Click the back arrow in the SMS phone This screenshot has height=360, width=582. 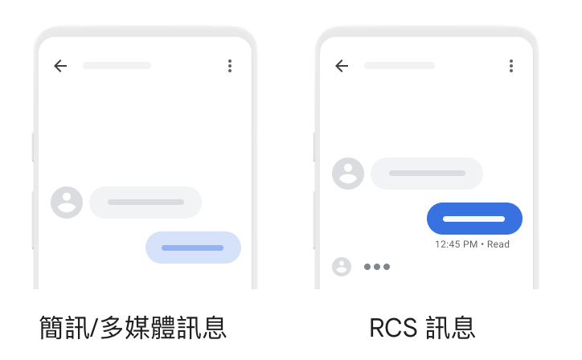(60, 66)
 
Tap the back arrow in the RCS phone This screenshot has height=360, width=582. (342, 66)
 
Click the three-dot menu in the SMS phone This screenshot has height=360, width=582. (230, 66)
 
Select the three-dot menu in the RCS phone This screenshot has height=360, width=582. (511, 66)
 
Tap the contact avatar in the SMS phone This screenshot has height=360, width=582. (67, 202)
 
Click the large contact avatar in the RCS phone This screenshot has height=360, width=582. (348, 174)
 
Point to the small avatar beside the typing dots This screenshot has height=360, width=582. (342, 267)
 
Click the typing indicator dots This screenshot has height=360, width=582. (376, 267)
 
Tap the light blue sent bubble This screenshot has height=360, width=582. (193, 247)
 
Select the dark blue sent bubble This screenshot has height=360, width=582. (474, 219)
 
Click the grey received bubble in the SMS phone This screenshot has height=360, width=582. (145, 202)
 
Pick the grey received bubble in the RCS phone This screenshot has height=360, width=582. (427, 174)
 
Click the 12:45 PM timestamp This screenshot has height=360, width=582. (456, 244)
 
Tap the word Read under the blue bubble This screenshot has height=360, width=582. (498, 244)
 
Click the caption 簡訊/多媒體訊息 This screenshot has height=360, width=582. (133, 327)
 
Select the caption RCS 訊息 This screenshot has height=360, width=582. (422, 327)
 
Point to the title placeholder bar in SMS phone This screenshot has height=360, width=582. (117, 65)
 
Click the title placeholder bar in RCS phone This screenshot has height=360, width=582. (398, 65)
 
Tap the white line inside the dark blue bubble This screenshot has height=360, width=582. (474, 219)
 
